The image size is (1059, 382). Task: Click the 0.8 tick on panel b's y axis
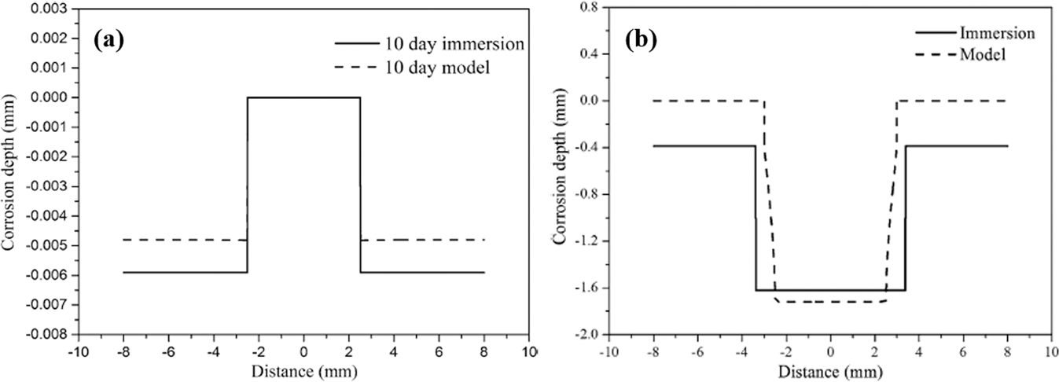click(x=587, y=8)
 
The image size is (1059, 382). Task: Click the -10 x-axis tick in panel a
click(x=76, y=351)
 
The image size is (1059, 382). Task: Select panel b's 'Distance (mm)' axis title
click(x=829, y=368)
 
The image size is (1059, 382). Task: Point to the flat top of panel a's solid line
click(x=303, y=97)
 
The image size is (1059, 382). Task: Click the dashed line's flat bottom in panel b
click(x=830, y=302)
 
